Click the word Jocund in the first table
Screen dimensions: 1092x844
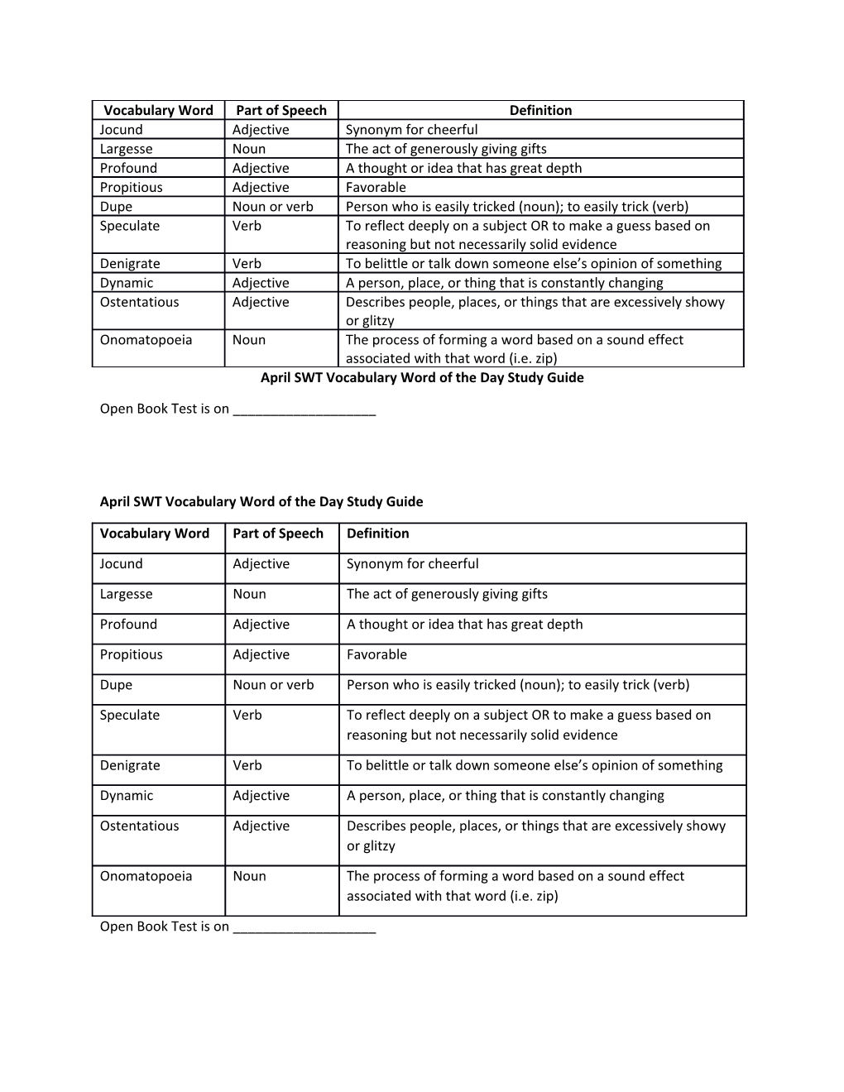[x=121, y=130]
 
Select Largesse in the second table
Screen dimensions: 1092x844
[x=126, y=594]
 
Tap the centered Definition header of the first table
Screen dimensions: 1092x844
[x=540, y=110]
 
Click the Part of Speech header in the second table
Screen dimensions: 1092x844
[x=278, y=534]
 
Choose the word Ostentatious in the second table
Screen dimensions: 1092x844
[x=139, y=826]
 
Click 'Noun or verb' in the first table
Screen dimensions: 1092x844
[x=273, y=207]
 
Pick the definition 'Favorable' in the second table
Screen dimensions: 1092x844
[x=376, y=654]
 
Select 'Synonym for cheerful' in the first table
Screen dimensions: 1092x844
[x=411, y=130]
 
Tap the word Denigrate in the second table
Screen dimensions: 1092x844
[x=130, y=765]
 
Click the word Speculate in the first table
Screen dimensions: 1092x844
[x=130, y=226]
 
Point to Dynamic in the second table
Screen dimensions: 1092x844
[x=127, y=796]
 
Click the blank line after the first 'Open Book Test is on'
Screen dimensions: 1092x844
[x=305, y=410]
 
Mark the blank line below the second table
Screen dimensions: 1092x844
[x=305, y=928]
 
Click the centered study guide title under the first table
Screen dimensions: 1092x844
[x=422, y=378]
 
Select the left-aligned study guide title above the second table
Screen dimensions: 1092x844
[x=261, y=501]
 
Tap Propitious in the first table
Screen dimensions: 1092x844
[x=131, y=188]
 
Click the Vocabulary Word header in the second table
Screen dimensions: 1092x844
[x=155, y=534]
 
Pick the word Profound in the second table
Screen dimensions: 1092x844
[x=128, y=625]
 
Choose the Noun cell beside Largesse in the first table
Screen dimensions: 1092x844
[x=249, y=149]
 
